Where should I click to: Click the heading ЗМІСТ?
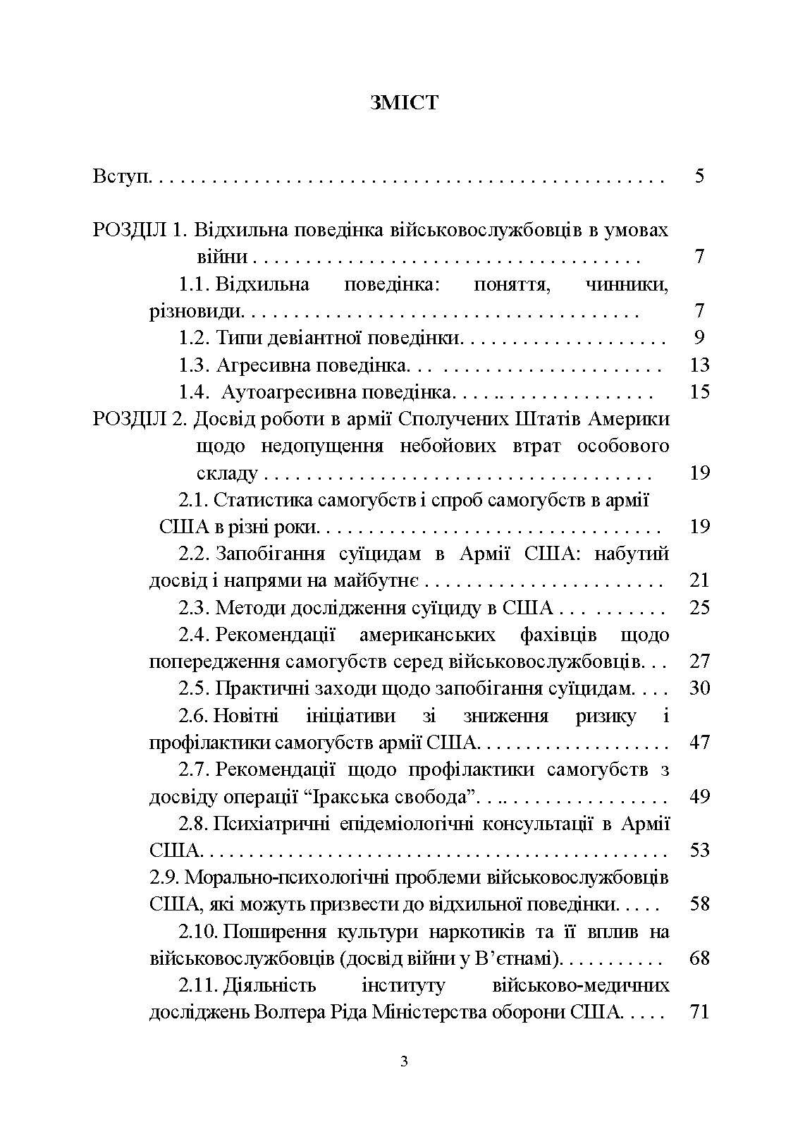(x=402, y=103)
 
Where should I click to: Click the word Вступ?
(x=122, y=176)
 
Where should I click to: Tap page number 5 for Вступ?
(x=699, y=176)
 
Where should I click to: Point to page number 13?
(x=699, y=365)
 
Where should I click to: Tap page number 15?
(x=699, y=392)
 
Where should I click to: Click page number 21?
(x=699, y=580)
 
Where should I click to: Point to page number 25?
(x=699, y=607)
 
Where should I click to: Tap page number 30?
(x=699, y=688)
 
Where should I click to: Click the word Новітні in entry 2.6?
(x=245, y=716)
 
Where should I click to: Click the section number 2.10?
(x=199, y=932)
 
